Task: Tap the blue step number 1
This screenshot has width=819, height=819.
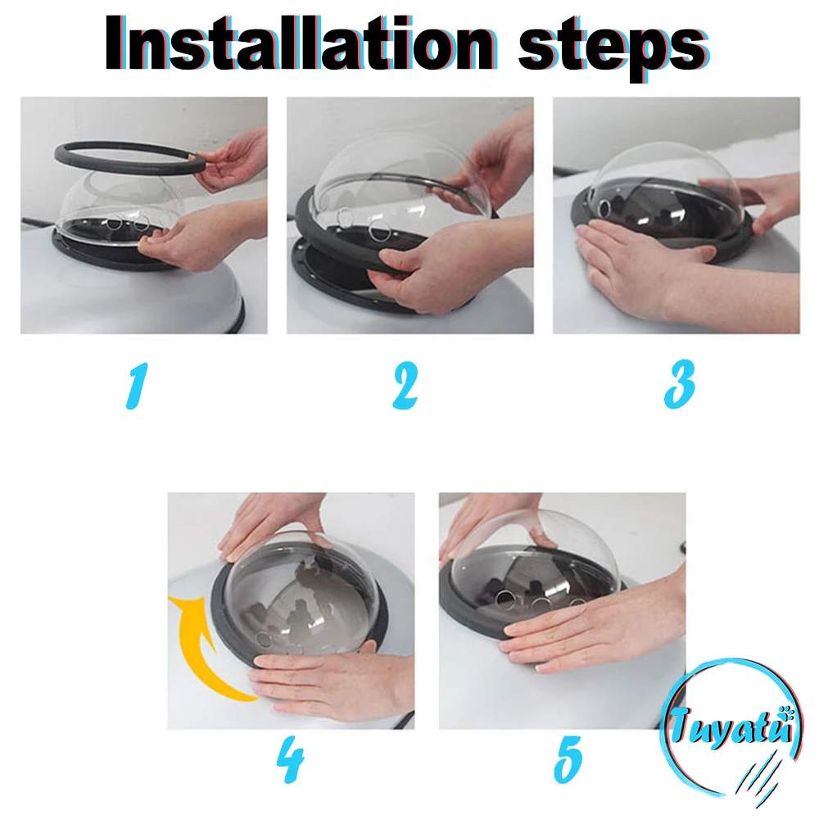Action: [x=137, y=386]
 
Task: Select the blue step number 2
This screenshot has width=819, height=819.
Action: [x=405, y=386]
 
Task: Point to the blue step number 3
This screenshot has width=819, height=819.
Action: [x=679, y=384]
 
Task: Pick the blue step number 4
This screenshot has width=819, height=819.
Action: [x=291, y=759]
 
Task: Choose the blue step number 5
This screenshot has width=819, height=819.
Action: [x=568, y=759]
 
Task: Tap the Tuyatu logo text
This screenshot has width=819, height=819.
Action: [x=731, y=725]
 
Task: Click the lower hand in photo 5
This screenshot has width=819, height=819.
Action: [x=595, y=635]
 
